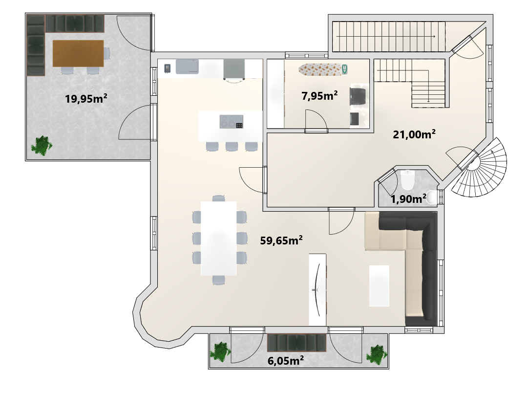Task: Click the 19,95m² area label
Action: (x=86, y=99)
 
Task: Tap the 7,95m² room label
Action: (x=319, y=96)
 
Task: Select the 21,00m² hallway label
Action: (x=414, y=134)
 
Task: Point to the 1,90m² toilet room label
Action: (x=408, y=199)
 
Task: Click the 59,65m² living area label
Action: (x=281, y=241)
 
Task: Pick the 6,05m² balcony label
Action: (x=285, y=361)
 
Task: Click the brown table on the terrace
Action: (x=78, y=53)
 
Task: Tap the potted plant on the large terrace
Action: (x=42, y=146)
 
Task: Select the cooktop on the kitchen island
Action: (x=232, y=122)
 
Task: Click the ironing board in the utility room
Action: (x=323, y=69)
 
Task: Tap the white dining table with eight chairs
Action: (x=219, y=239)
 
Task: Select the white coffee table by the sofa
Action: (x=379, y=285)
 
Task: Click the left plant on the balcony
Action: (x=220, y=352)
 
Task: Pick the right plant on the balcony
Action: (x=377, y=354)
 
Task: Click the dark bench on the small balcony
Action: (x=297, y=343)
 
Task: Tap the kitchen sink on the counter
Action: (x=187, y=66)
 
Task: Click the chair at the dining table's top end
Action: (x=219, y=198)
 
